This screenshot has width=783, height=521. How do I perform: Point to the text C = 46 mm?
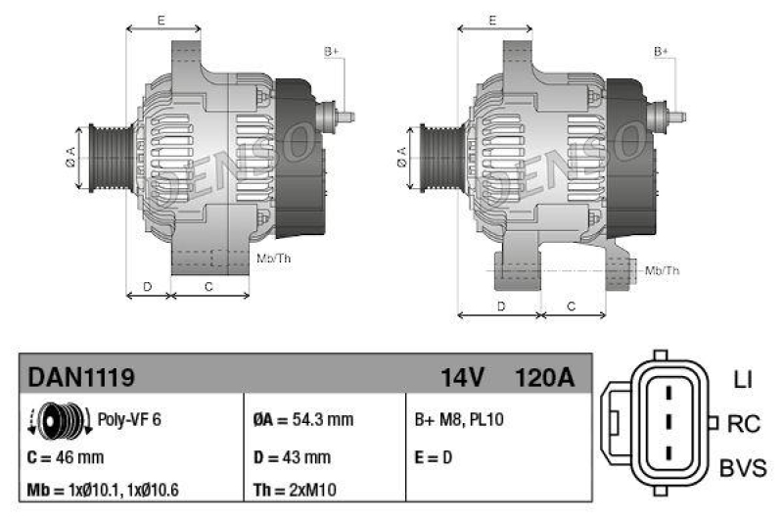coord(67,456)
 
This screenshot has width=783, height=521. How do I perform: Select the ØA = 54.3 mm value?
coord(302,420)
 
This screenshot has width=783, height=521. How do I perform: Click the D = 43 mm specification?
coord(291,456)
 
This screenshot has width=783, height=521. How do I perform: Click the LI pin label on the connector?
coord(742,378)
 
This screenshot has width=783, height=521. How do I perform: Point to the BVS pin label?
coord(743,469)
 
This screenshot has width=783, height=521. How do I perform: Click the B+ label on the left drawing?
coord(331,51)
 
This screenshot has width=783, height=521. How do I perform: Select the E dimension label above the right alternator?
coord(493,20)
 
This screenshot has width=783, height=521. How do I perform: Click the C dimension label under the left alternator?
coord(208,286)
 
